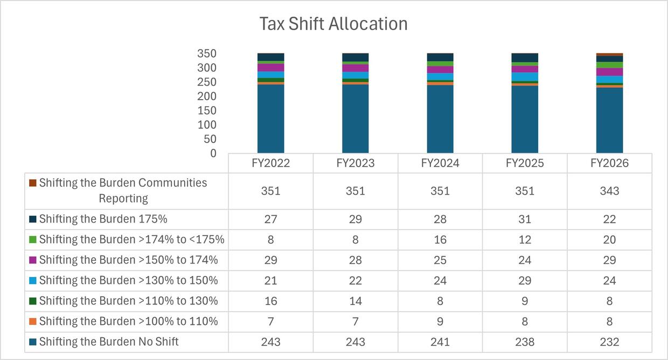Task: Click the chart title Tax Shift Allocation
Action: click(x=333, y=24)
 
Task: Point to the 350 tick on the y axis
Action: click(x=206, y=54)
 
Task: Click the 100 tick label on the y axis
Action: click(x=206, y=124)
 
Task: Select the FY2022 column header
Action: click(x=270, y=163)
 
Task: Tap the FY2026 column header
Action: click(x=609, y=163)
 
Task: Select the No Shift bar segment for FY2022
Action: click(x=270, y=119)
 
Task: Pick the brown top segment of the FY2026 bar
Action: click(x=609, y=54)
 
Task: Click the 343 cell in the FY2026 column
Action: click(x=609, y=191)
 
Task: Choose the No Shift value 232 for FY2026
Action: click(x=609, y=342)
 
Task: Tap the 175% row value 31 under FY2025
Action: click(x=525, y=219)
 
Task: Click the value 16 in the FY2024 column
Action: click(x=440, y=240)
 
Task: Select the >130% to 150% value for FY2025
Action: click(x=525, y=281)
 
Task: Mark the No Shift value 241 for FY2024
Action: click(x=440, y=342)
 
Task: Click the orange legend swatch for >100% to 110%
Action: click(x=33, y=322)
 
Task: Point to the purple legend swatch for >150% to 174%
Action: click(x=33, y=260)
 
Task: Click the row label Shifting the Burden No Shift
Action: click(x=108, y=342)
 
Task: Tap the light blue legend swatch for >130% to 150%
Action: click(x=33, y=281)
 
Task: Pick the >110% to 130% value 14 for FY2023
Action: click(x=355, y=301)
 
